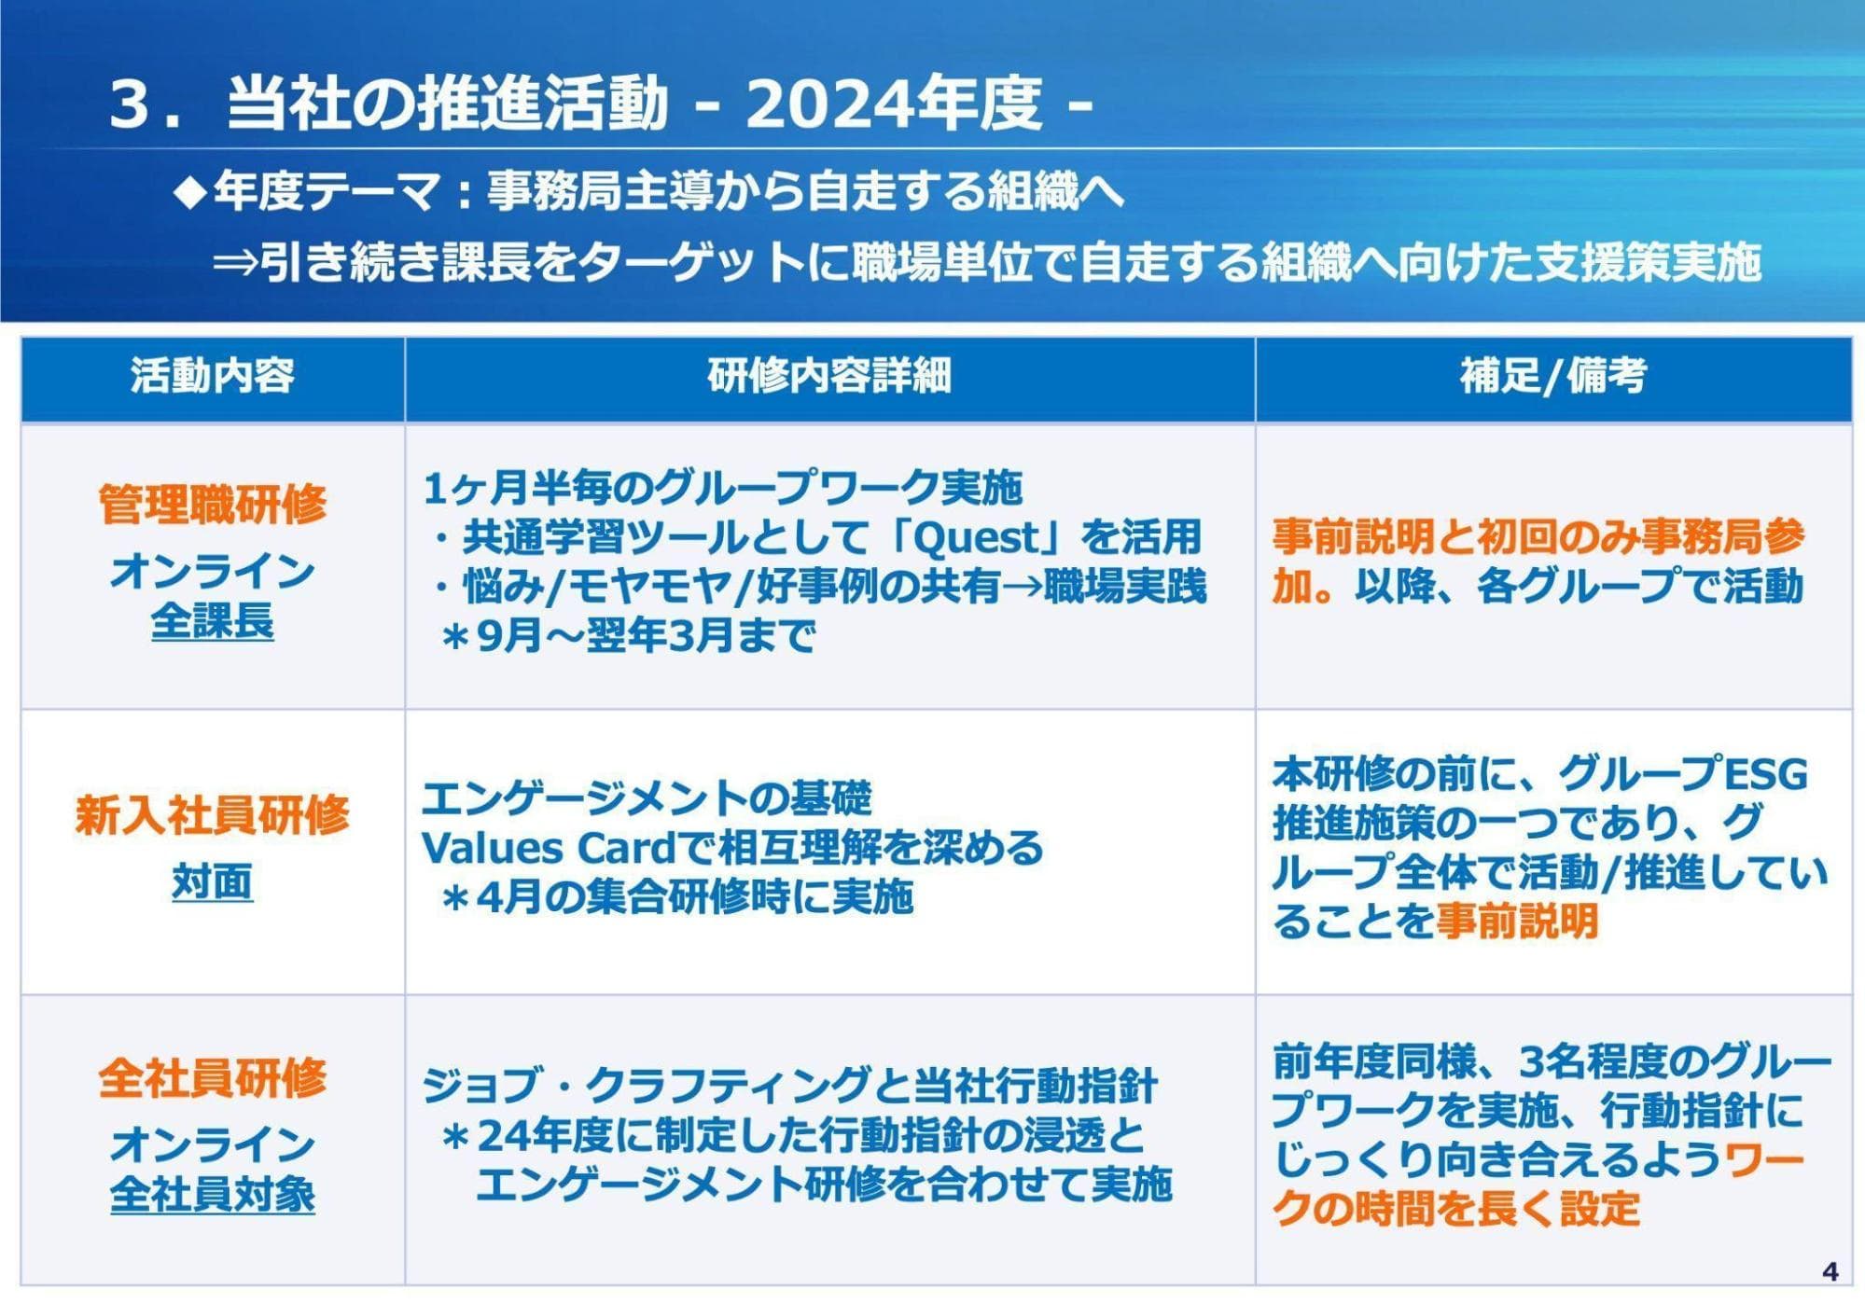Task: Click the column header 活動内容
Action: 213,376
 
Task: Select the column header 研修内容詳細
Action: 829,376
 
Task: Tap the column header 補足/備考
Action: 1553,376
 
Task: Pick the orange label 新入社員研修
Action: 213,815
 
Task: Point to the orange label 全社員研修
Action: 213,1078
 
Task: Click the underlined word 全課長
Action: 213,621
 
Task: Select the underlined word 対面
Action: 213,882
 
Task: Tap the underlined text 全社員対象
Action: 213,1195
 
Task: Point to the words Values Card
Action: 548,848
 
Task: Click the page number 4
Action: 1830,1271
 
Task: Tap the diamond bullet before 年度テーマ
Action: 190,192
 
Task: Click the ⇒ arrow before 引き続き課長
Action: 235,264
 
